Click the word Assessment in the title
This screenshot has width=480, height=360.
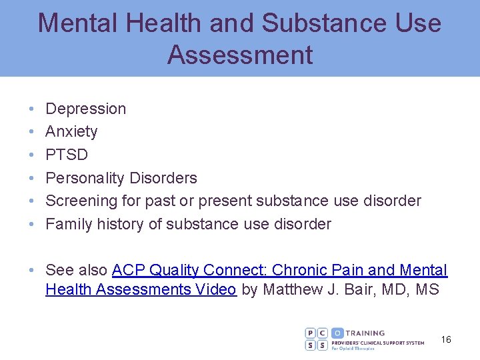coord(240,55)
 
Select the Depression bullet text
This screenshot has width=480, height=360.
coord(85,109)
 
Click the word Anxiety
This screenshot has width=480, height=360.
coord(71,131)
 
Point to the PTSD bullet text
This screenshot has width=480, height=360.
coord(67,155)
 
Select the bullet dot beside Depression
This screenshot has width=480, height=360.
coord(32,109)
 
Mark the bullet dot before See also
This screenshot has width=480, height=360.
coord(32,270)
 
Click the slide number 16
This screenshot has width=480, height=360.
coord(446,340)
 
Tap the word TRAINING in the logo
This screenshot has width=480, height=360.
coord(365,333)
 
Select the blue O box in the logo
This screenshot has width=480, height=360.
coord(337,333)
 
